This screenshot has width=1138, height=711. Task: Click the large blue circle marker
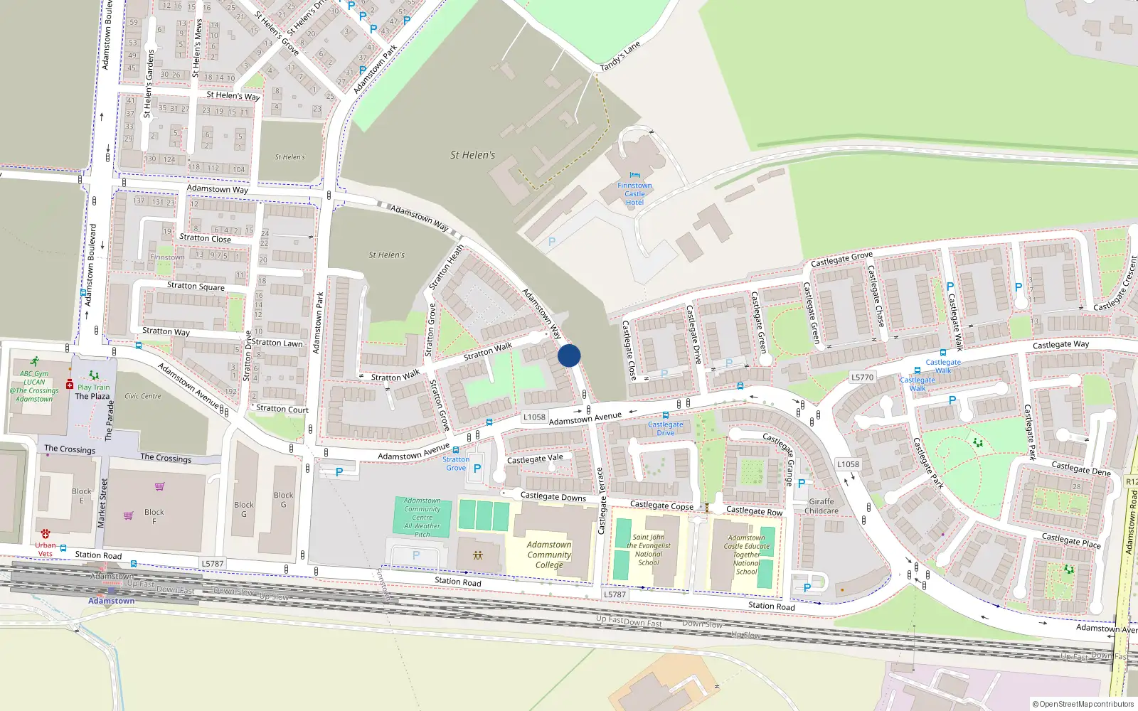569,355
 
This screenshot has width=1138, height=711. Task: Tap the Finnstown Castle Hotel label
634,193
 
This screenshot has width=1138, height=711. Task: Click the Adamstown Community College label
549,555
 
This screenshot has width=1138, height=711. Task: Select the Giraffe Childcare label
821,506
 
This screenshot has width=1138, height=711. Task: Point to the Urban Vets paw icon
46,533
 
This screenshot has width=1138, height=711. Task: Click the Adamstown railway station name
111,601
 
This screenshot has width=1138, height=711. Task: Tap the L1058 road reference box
534,417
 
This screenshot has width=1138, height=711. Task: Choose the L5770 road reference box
862,377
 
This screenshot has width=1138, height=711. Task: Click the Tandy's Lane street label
620,56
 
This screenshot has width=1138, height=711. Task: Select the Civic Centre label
143,396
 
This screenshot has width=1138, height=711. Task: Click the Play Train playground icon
93,375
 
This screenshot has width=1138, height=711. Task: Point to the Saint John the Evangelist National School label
648,550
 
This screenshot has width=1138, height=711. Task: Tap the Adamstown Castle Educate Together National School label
747,555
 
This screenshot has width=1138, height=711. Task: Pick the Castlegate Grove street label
841,259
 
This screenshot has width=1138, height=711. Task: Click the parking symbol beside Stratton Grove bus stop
477,469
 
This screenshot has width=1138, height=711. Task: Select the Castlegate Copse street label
661,506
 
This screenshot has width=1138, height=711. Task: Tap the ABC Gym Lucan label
34,386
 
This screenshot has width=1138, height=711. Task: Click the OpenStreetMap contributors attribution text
1083,704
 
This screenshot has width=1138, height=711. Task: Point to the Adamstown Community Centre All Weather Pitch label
422,518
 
